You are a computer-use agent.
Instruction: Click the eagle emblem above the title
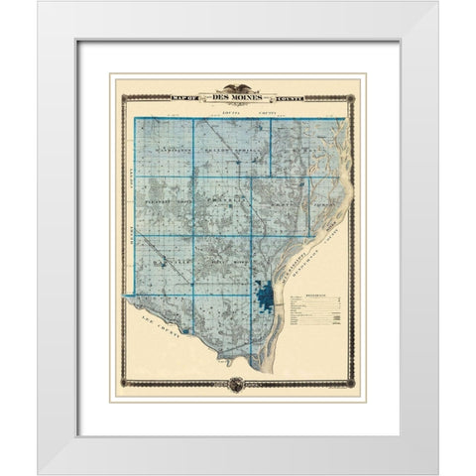pyautogui.click(x=237, y=88)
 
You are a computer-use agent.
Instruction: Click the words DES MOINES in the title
pyautogui.click(x=237, y=98)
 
